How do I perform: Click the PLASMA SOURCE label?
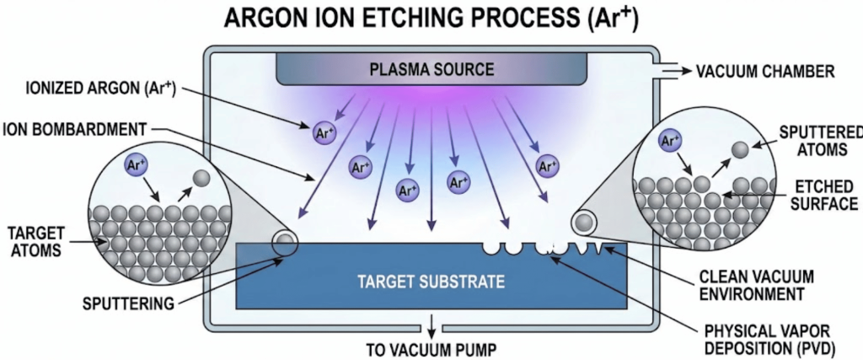[x=431, y=67]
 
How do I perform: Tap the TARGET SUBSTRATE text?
[x=431, y=281]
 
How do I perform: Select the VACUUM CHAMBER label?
[x=764, y=71]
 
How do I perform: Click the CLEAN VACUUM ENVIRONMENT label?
[x=757, y=285]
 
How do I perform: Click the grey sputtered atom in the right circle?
[x=739, y=149]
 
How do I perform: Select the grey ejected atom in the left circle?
[x=201, y=179]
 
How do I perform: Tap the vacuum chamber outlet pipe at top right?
[x=670, y=72]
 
